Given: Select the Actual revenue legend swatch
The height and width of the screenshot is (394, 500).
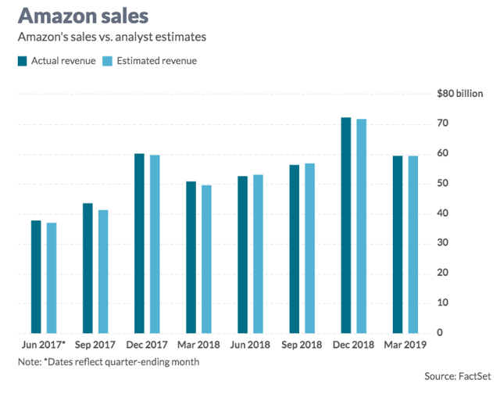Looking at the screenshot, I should (22, 60).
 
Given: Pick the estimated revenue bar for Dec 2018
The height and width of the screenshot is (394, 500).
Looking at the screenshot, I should (361, 226).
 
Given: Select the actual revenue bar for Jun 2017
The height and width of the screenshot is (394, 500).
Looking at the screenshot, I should (36, 277).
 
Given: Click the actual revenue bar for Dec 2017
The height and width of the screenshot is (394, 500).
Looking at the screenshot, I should (139, 243).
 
